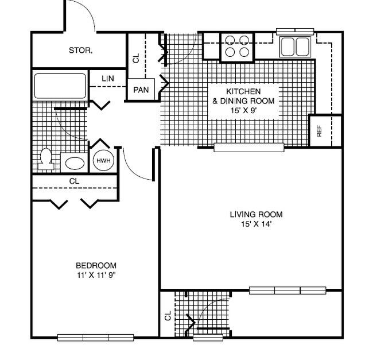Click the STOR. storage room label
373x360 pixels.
(81, 51)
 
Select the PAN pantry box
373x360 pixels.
(141, 90)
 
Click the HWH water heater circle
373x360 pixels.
(104, 162)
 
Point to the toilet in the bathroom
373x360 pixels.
(45, 159)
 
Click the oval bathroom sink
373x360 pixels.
(73, 162)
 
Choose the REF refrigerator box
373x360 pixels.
(320, 131)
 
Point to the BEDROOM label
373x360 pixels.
(96, 265)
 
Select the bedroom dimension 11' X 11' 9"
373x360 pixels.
(96, 275)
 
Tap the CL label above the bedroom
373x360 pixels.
(74, 181)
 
